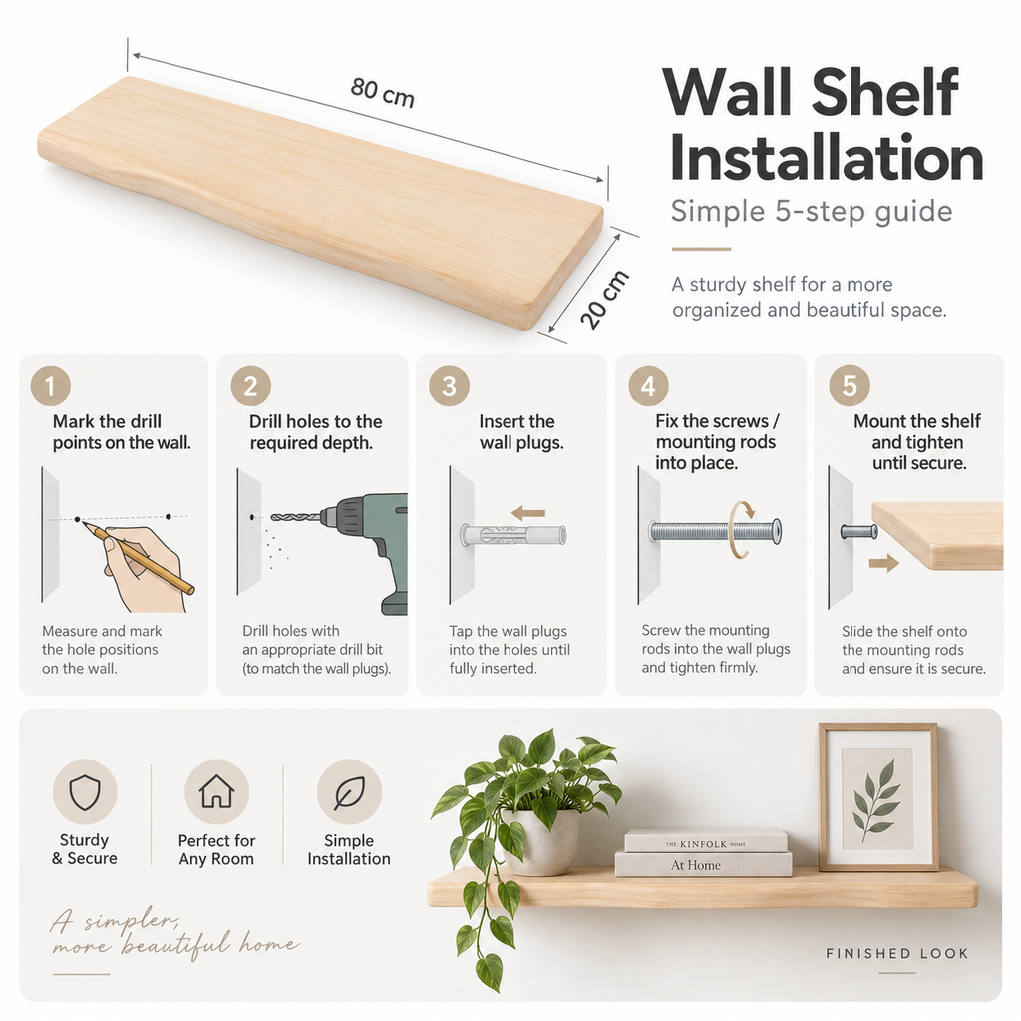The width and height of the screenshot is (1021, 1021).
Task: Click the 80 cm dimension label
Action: pyautogui.click(x=382, y=92)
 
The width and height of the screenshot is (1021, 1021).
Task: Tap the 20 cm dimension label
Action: pyautogui.click(x=605, y=299)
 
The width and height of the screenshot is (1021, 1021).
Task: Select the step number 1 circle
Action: pyautogui.click(x=50, y=386)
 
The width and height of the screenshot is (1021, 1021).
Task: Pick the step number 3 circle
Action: pyautogui.click(x=449, y=386)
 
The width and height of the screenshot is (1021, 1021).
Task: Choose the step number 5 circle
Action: pyautogui.click(x=850, y=386)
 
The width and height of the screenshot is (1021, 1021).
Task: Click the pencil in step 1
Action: pyautogui.click(x=138, y=558)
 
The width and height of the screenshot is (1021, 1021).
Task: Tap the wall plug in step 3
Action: pyautogui.click(x=513, y=536)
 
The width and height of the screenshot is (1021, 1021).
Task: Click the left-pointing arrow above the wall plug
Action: pyautogui.click(x=528, y=513)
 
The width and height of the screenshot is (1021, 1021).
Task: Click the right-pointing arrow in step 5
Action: pyautogui.click(x=884, y=563)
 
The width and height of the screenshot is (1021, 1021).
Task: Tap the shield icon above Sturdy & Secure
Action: pyautogui.click(x=85, y=792)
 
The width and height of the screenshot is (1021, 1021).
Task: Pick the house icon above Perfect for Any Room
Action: pyautogui.click(x=216, y=791)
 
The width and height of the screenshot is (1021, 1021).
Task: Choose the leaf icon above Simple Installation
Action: pyautogui.click(x=349, y=792)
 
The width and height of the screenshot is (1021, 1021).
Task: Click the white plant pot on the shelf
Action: pyautogui.click(x=540, y=842)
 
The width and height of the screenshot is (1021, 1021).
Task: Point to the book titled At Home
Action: pyautogui.click(x=703, y=864)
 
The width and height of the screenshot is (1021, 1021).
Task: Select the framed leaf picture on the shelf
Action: pyautogui.click(x=878, y=797)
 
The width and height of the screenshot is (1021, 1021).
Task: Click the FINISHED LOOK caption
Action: pyautogui.click(x=897, y=954)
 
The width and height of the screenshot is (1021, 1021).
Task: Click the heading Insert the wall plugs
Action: pyautogui.click(x=520, y=432)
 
